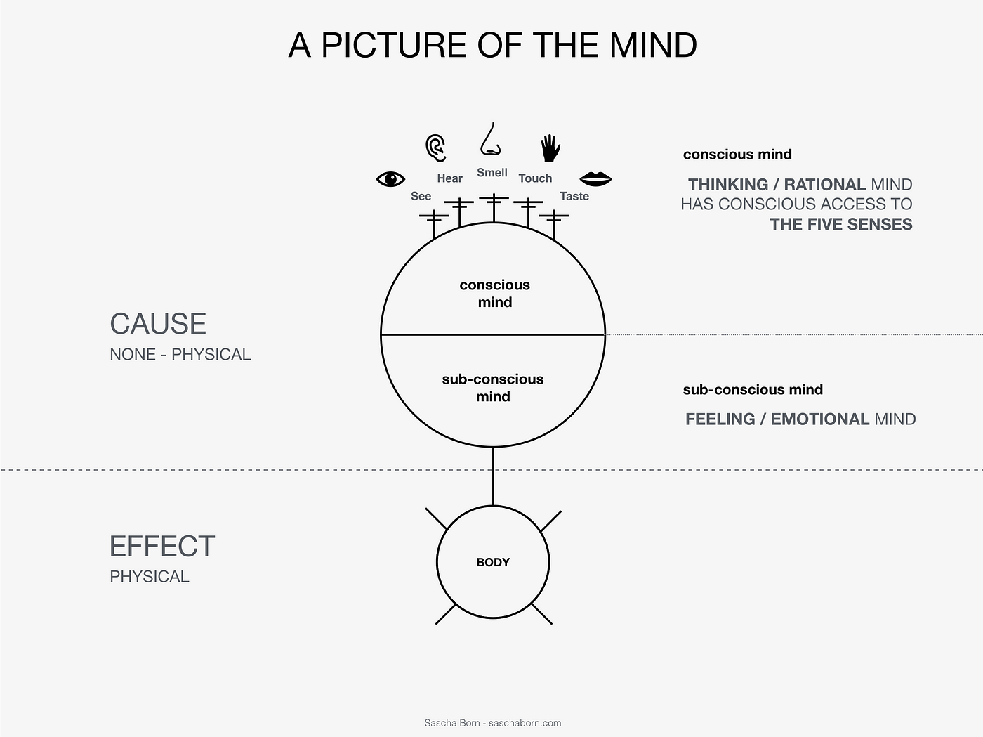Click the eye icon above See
coord(391,179)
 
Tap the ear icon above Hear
coord(436,148)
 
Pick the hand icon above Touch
coord(550,148)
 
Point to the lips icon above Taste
coord(595,179)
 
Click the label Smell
coord(491,173)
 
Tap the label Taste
coord(574,197)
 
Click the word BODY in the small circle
coord(493,562)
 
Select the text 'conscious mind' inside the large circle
coord(495,294)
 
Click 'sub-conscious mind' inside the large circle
coord(493,388)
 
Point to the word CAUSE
coord(158,324)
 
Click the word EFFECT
coord(162,547)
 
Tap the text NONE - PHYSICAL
coord(180,355)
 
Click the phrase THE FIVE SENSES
coord(840,224)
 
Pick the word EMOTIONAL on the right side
coord(819,419)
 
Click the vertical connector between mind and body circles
coord(493,476)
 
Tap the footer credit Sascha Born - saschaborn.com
coord(492,723)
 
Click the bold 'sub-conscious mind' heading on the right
coord(753,390)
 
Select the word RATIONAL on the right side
coord(824,185)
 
